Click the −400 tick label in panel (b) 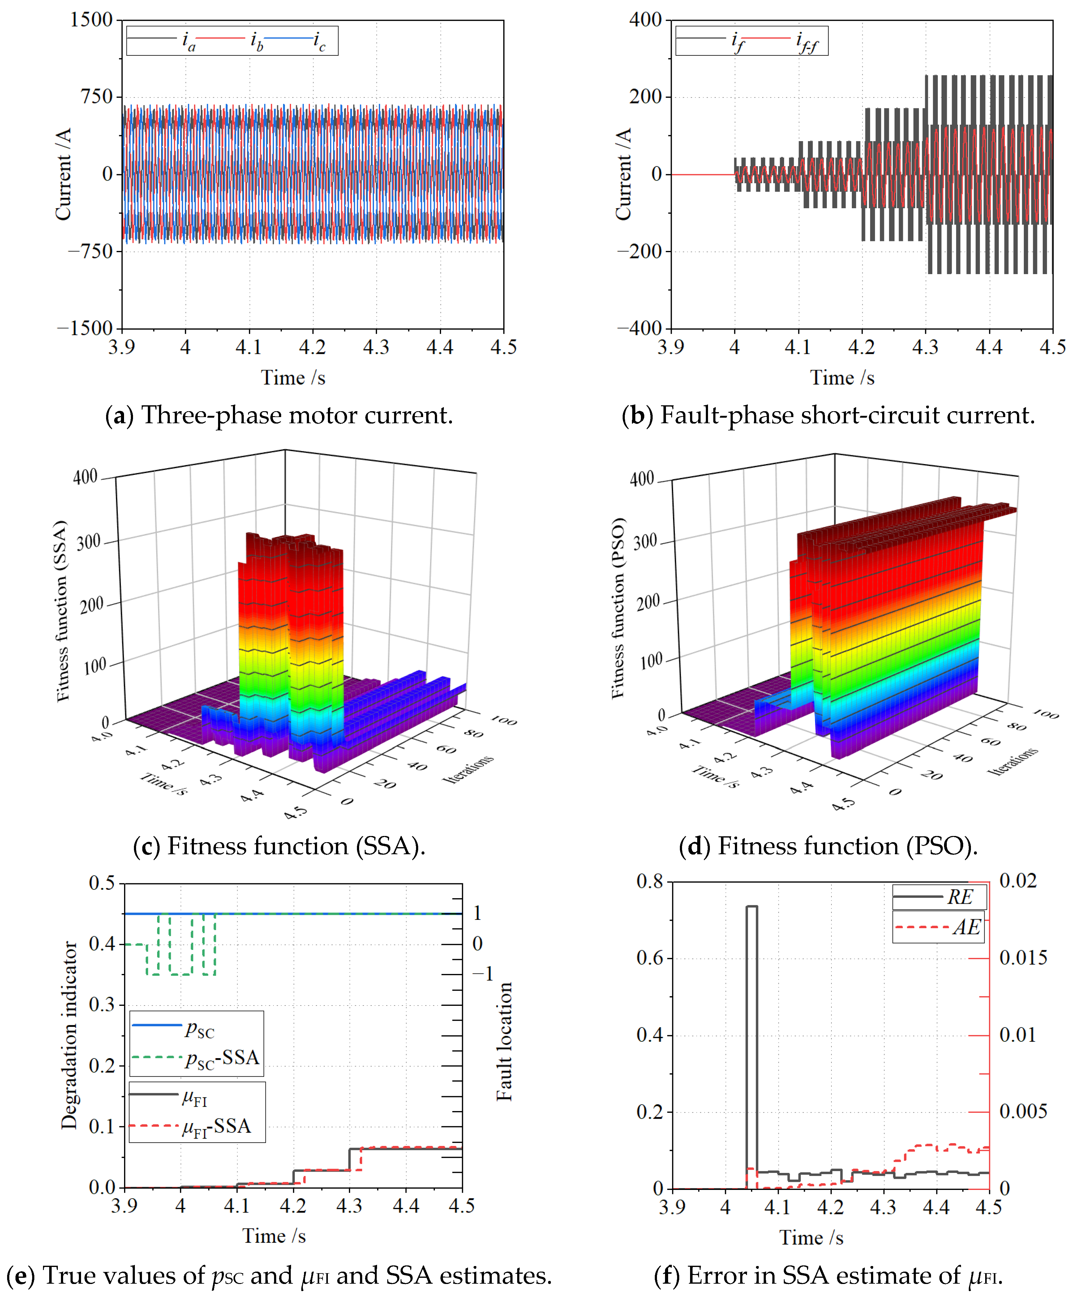pos(640,328)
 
